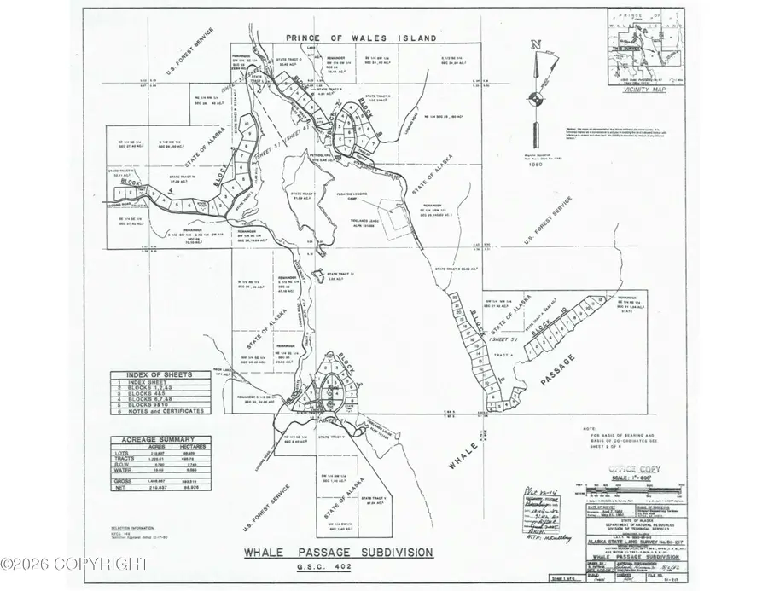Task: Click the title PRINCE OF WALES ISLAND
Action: click(x=362, y=38)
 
